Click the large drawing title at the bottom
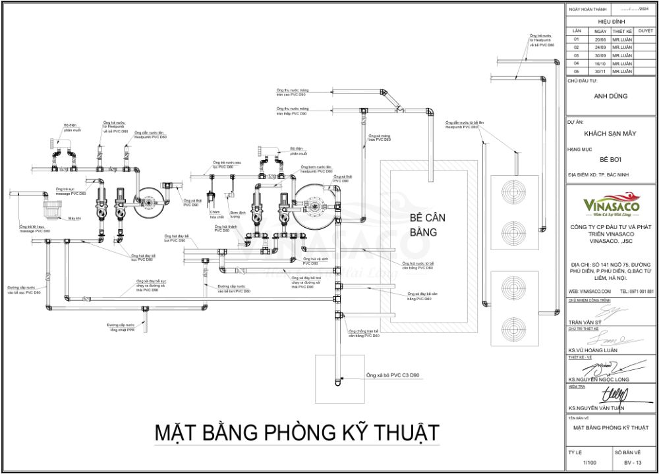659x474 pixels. point(297,433)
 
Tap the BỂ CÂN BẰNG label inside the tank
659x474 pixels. point(424,224)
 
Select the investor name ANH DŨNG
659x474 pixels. point(611,96)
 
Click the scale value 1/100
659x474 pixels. point(590,463)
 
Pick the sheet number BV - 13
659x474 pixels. point(633,463)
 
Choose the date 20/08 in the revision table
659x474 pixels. point(600,39)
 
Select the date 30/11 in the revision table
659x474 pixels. point(600,71)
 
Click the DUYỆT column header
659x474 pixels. point(646,31)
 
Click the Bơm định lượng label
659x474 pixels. point(237,214)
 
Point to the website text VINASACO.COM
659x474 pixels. point(583,291)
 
